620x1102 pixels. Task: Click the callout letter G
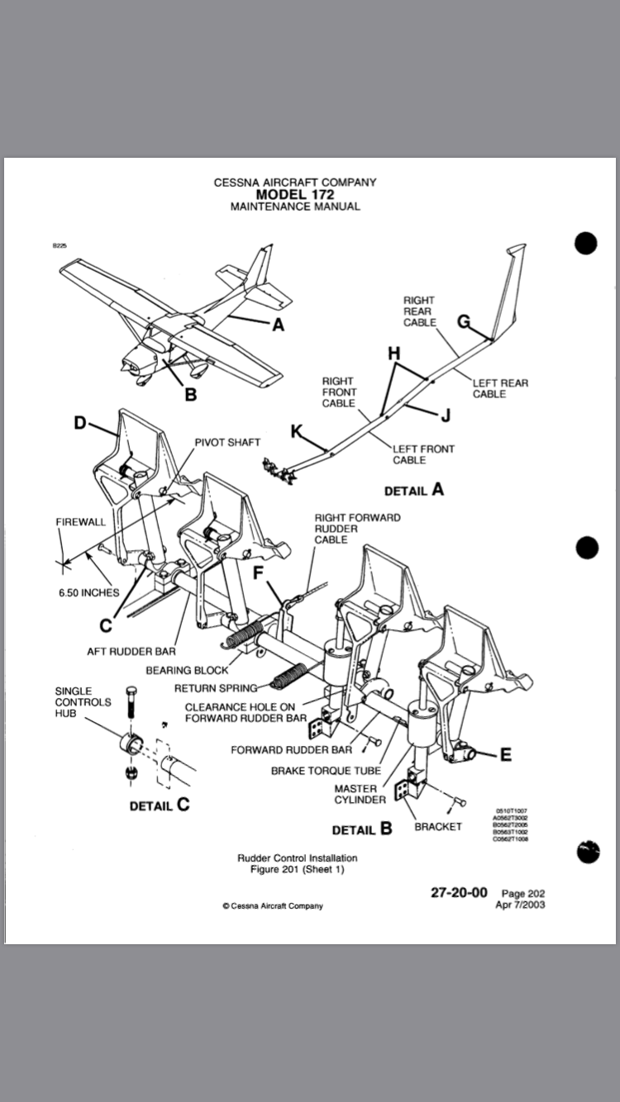tap(464, 321)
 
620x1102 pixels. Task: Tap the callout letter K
tap(296, 430)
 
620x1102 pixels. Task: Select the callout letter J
tap(446, 415)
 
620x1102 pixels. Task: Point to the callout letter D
tap(80, 423)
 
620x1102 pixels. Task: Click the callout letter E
tap(506, 753)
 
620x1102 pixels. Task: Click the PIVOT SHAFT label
tap(227, 443)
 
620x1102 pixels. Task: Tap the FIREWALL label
tap(81, 522)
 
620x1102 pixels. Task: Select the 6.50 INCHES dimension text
tap(89, 592)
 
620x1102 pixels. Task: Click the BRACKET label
tap(438, 826)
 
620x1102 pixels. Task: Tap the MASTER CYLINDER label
tap(355, 794)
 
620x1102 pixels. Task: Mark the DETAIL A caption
tap(414, 490)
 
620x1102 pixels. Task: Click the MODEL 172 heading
tap(294, 194)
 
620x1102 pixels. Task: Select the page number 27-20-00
tap(459, 892)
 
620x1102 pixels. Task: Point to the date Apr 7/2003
tap(520, 904)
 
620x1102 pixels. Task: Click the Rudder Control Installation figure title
tap(298, 857)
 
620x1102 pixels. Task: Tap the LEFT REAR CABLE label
tap(500, 388)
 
